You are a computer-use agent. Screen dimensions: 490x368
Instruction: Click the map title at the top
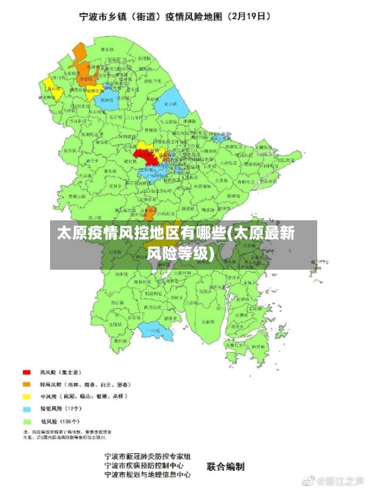point(183,15)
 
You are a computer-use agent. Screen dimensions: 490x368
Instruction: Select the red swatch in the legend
point(26,373)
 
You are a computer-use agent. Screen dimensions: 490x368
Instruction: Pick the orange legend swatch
point(26,384)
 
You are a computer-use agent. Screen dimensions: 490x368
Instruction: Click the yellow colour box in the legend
point(26,396)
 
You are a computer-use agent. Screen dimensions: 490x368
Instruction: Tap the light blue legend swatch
point(26,407)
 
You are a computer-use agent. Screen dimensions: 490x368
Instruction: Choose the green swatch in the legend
point(26,420)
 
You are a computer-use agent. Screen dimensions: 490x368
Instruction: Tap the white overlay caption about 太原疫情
point(177,244)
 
